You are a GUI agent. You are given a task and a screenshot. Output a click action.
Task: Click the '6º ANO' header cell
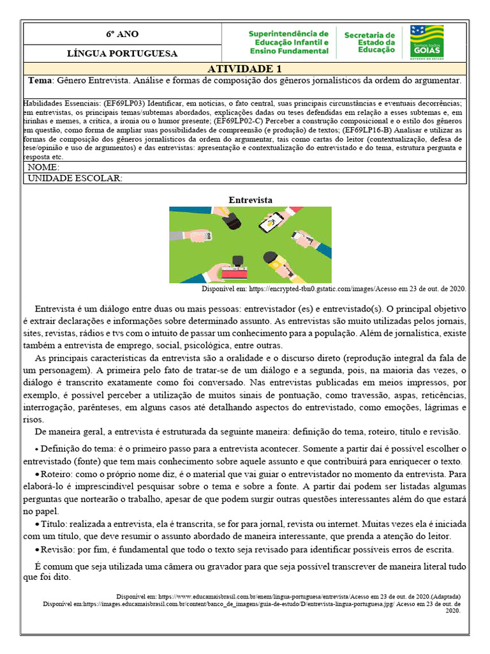click(122, 34)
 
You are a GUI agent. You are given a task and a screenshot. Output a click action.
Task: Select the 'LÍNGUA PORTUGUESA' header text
click(122, 54)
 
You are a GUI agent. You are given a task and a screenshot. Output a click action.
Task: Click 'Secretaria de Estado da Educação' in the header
click(369, 42)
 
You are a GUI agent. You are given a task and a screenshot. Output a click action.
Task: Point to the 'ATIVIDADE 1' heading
click(244, 69)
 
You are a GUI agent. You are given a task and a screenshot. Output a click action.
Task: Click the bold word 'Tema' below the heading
click(41, 81)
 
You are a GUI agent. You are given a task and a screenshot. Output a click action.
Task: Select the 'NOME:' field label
click(43, 167)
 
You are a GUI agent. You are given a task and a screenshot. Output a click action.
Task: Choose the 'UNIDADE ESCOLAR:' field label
click(75, 178)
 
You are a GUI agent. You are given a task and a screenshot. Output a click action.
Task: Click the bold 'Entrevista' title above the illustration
click(250, 200)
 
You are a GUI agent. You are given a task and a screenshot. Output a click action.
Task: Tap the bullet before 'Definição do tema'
click(37, 450)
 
